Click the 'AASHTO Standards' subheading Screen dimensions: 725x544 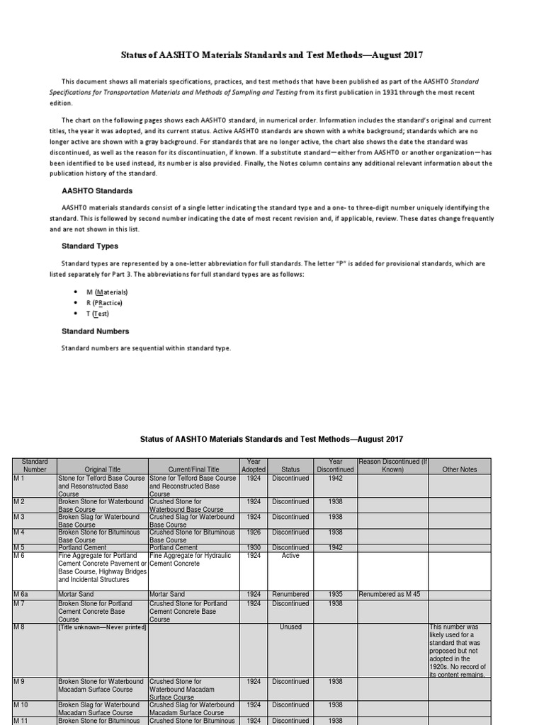point(97,191)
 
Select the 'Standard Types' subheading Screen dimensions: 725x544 point(90,246)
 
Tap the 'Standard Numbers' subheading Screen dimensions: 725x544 point(96,331)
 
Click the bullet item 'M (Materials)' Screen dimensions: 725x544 point(107,292)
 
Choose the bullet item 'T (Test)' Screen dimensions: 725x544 point(98,314)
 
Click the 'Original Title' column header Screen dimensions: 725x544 point(103,469)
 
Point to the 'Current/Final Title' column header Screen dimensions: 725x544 point(194,469)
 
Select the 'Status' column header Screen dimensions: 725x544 point(290,469)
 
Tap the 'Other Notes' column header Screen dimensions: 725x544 point(460,469)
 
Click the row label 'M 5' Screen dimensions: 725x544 point(21,548)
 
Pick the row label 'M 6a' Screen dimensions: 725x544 point(23,595)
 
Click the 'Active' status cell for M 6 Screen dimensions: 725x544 point(290,556)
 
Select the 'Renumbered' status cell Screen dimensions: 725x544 point(290,595)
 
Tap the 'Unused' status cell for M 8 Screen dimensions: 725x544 point(290,627)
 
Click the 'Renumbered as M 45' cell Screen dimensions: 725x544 point(390,595)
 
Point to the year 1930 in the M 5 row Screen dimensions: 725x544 point(254,548)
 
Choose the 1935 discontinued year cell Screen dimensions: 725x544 point(336,595)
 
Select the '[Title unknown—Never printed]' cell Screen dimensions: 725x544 point(102,627)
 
